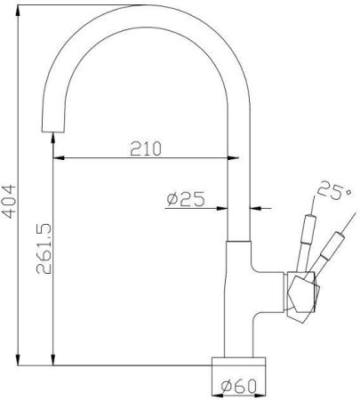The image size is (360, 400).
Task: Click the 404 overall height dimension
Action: [x=10, y=205]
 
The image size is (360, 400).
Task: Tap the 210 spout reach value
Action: [x=144, y=148]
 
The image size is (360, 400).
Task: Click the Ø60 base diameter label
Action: [x=237, y=385]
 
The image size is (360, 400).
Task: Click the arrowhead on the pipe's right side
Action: [x=256, y=208]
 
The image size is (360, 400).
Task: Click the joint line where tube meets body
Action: [x=240, y=241]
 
